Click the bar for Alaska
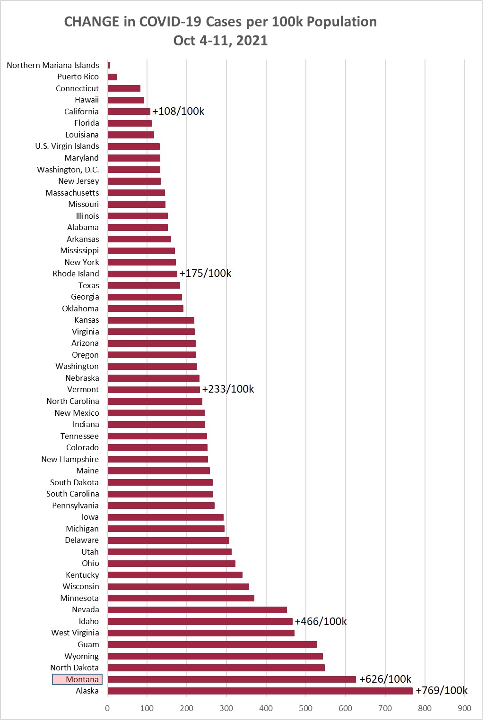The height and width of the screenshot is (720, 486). [260, 691]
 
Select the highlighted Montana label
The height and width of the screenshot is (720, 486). [78, 679]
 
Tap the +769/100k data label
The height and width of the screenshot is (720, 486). [442, 690]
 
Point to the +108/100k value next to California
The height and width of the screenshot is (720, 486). [178, 111]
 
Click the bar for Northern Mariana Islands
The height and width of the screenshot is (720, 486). [109, 65]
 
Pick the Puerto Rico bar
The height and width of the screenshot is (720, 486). [112, 77]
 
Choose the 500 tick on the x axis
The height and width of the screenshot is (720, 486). [305, 708]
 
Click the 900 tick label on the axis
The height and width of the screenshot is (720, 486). [464, 708]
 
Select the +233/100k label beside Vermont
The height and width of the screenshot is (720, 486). [228, 389]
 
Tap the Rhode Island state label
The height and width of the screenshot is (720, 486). [76, 274]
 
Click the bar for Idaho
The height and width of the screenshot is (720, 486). [200, 621]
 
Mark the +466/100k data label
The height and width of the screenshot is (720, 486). [321, 621]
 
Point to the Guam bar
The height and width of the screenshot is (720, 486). [212, 644]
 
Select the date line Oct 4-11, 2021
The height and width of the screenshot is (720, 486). [220, 41]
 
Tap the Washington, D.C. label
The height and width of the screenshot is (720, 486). [68, 170]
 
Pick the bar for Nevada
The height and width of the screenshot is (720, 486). [197, 610]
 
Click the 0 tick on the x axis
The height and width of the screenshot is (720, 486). [107, 708]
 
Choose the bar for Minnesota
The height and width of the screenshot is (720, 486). [181, 598]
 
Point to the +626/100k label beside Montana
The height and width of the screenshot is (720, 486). [385, 679]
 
